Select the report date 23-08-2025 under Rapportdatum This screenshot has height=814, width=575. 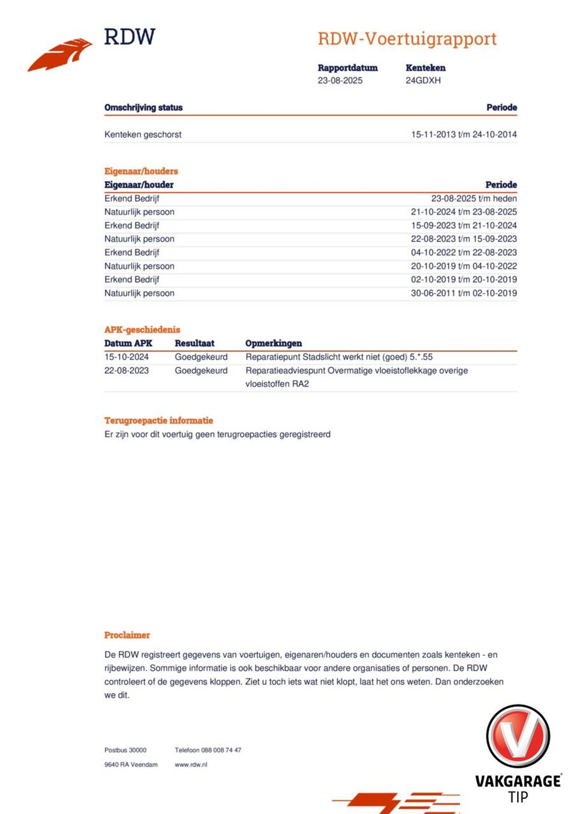[x=340, y=81]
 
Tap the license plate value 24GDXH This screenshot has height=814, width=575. [x=423, y=81]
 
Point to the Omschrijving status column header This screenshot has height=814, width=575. [x=143, y=107]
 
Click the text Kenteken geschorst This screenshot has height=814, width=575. [x=143, y=134]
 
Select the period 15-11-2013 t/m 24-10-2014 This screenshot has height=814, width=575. [x=464, y=134]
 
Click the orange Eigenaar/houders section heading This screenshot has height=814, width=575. [x=141, y=171]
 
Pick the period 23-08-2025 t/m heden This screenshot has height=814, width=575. [x=473, y=198]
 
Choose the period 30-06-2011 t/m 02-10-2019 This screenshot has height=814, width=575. [x=464, y=293]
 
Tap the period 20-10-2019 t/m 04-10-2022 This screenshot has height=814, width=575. [x=464, y=266]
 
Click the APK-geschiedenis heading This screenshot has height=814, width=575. [x=142, y=329]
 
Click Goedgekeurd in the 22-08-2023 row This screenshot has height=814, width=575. [x=201, y=371]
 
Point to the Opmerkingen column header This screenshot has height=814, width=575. [x=273, y=343]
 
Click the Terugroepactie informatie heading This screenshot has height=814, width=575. [x=158, y=421]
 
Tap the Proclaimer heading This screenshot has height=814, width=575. [x=127, y=635]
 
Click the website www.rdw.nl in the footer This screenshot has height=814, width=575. [x=190, y=765]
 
